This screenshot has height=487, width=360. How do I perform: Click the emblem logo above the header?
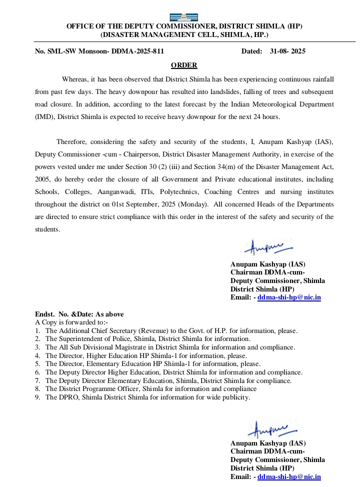pyautogui.click(x=184, y=17)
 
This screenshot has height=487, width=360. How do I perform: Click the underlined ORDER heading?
pyautogui.click(x=184, y=65)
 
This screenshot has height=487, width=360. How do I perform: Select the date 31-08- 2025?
pyautogui.click(x=287, y=51)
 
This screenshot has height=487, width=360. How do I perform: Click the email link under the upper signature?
pyautogui.click(x=289, y=297)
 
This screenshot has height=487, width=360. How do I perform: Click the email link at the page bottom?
pyautogui.click(x=289, y=477)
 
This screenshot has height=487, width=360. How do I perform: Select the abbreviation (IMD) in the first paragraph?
pyautogui.click(x=43, y=117)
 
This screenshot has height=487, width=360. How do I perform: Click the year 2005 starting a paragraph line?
pyautogui.click(x=43, y=179)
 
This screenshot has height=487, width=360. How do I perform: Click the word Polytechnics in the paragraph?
pyautogui.click(x=188, y=192)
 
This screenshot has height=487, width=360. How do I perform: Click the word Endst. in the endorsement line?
pyautogui.click(x=44, y=314)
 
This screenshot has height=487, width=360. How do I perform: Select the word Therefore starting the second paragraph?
pyautogui.click(x=73, y=141)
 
